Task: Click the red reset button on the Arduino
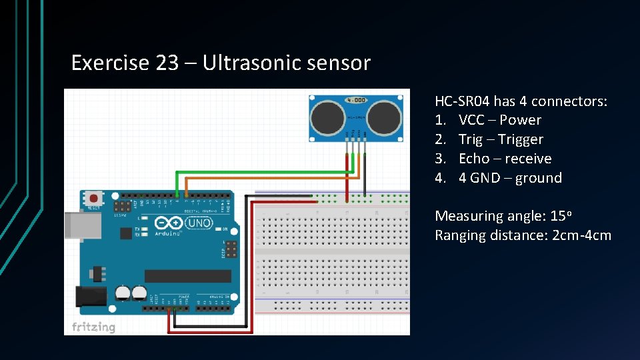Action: [x=94, y=198]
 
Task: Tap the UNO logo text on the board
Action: [x=198, y=223]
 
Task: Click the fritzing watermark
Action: [x=93, y=327]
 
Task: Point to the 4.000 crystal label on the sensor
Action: [x=355, y=101]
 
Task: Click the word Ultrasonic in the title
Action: [x=251, y=63]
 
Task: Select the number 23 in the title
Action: [x=167, y=63]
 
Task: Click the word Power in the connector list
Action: [x=520, y=120]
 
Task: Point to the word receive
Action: [x=528, y=159]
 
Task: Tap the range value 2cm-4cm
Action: [x=581, y=235]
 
